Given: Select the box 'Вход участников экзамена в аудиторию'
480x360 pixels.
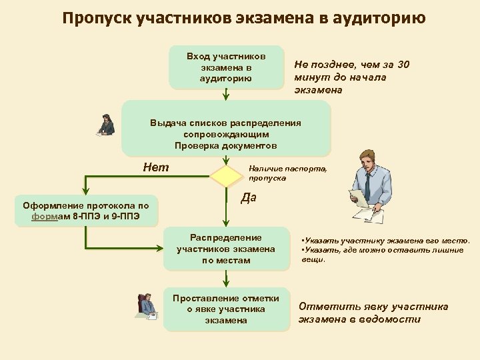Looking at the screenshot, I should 226,67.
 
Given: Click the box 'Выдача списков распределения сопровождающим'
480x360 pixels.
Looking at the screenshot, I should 226,129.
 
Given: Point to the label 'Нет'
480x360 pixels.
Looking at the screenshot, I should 156,167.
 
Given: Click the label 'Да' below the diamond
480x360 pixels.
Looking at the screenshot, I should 249,198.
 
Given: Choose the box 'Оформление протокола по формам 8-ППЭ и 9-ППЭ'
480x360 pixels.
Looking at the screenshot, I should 86,211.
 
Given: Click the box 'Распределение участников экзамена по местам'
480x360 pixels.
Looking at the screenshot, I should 226,249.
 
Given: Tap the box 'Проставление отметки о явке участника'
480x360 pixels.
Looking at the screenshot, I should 226,309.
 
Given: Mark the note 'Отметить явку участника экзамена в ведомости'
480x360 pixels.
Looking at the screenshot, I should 373,313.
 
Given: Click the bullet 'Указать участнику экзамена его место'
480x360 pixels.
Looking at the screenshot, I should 385,240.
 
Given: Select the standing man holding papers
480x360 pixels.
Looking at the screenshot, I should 365,186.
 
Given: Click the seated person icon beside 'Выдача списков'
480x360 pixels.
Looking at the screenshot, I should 105,125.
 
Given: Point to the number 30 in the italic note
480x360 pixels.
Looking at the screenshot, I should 403,65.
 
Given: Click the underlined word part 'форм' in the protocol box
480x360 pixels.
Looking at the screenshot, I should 45,217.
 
